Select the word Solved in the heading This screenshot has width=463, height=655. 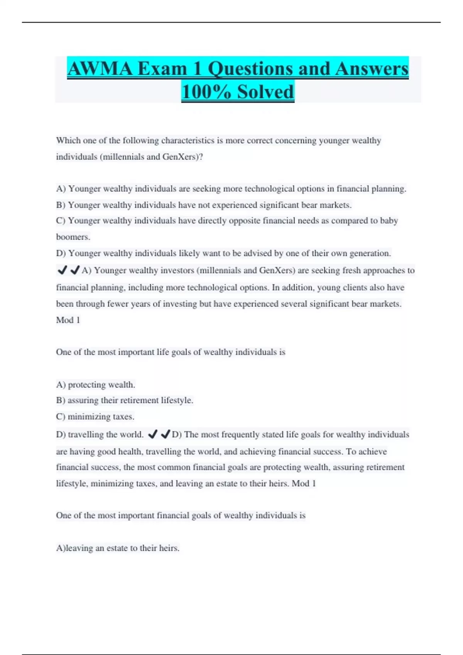[265, 92]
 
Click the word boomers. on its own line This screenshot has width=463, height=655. [73, 237]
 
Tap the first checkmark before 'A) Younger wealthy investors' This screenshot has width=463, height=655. [62, 270]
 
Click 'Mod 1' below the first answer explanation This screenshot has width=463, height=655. [68, 320]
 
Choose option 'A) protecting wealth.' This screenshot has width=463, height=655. [95, 385]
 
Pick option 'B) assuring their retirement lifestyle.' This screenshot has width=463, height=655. [125, 400]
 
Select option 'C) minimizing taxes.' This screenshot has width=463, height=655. [95, 417]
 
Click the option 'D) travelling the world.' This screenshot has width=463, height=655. [100, 435]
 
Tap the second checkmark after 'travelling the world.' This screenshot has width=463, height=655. [166, 435]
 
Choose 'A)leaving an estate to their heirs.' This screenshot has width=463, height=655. [118, 548]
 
